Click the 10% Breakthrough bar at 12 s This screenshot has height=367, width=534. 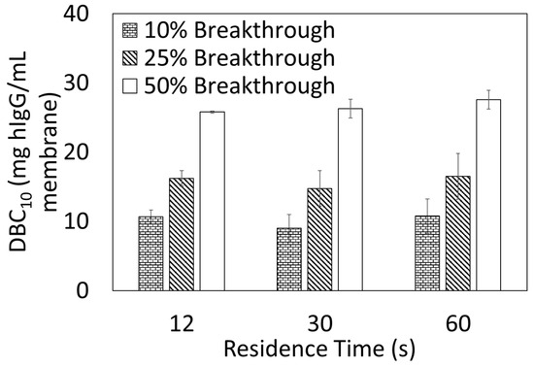(x=150, y=253)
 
